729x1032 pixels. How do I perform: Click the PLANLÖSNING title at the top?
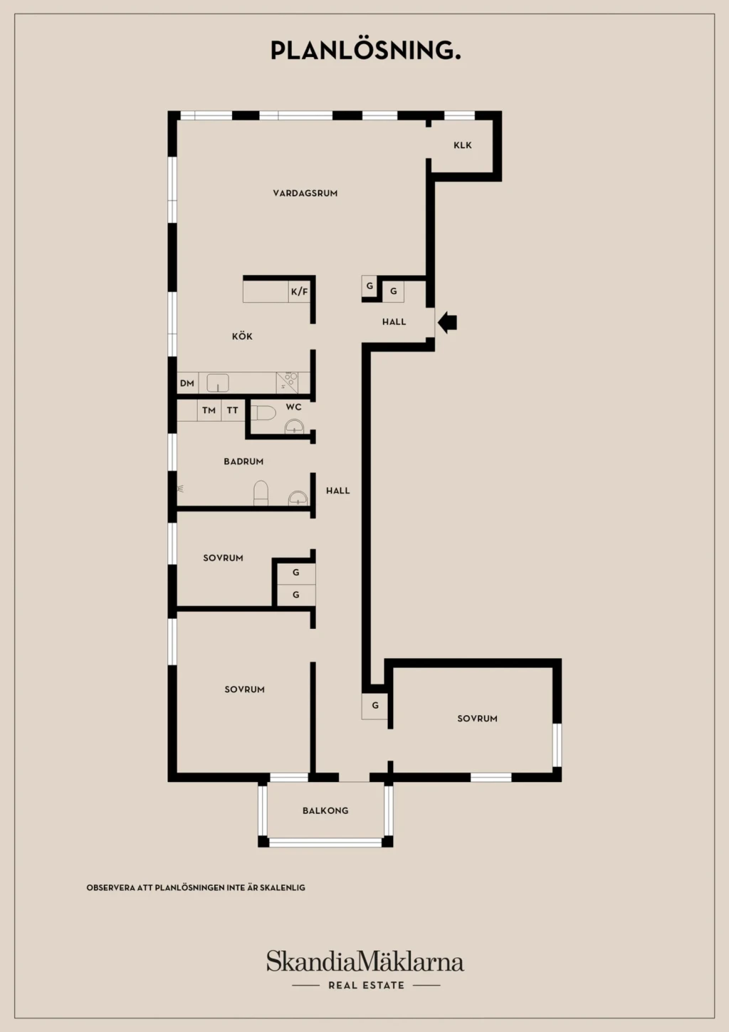coord(366,50)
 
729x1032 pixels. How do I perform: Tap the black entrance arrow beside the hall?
coord(447,322)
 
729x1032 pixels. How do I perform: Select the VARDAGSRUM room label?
coord(305,194)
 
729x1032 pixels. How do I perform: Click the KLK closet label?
coord(463,145)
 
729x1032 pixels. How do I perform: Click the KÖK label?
coord(242,336)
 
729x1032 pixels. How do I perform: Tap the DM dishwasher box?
coord(187,383)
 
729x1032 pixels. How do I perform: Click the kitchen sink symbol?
coord(218,383)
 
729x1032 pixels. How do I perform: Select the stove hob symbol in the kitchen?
coord(287,383)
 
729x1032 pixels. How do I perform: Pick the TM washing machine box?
coord(209,410)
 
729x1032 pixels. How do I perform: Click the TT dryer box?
coord(233,410)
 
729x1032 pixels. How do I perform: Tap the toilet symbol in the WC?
coord(263,413)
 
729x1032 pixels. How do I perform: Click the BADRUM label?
coord(243,462)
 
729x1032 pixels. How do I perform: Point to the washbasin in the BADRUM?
coord(298,498)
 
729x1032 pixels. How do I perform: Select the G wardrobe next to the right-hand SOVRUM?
coord(375,705)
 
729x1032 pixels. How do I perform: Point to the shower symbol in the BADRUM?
coord(181,489)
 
